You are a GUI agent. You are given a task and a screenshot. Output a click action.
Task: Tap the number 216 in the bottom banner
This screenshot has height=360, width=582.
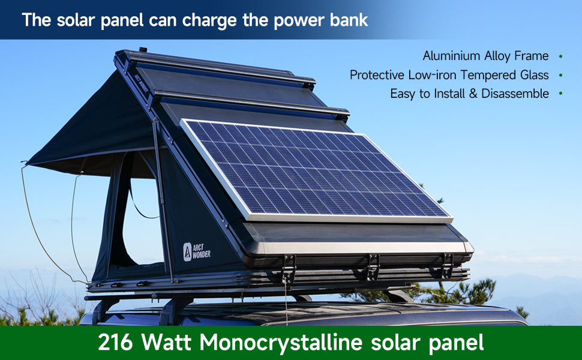coord(115,342)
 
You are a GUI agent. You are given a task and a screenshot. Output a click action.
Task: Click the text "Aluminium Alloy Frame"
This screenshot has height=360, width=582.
coord(485,56)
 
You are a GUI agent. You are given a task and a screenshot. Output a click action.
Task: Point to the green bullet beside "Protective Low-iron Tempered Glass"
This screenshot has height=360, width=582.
coord(560,76)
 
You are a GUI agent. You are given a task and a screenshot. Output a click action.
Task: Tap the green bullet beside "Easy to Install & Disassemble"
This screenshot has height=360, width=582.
coord(560,94)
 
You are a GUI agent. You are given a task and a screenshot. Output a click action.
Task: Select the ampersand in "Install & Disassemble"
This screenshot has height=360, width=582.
coord(473,94)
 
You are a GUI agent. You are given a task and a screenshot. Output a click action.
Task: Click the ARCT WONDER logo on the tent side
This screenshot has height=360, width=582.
coord(197,251)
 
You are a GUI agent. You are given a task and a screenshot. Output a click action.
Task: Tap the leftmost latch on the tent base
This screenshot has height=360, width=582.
coord(289,268)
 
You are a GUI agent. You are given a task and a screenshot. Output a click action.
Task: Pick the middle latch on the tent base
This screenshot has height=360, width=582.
coord(372,267)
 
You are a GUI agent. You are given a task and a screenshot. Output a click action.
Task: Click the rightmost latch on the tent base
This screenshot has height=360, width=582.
coord(447,266)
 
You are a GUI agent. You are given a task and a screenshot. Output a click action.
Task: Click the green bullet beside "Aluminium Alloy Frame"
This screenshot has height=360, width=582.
coord(560,56)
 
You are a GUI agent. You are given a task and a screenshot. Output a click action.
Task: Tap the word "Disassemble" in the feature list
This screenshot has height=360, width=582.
coord(515,94)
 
